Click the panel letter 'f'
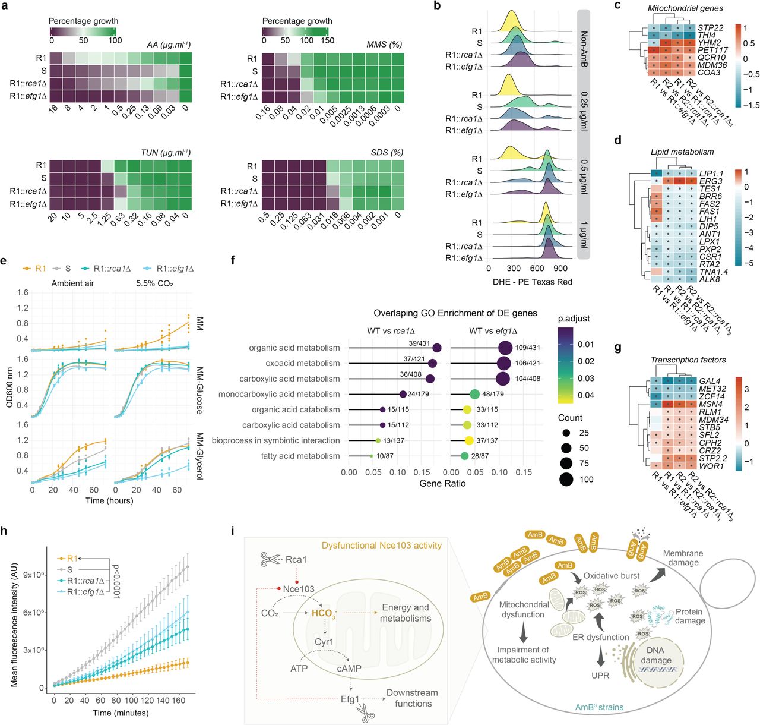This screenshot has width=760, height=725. pos(233,260)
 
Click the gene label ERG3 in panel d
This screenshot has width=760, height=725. pos(711,181)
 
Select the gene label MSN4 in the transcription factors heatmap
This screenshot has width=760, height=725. pos(710,404)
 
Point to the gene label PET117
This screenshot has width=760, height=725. pos(712,50)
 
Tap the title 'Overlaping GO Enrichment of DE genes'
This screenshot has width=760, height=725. pos(455,313)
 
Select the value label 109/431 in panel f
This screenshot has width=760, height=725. pos(528,348)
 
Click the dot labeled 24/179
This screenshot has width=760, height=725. pos(403,394)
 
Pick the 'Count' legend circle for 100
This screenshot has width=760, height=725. pos(566,479)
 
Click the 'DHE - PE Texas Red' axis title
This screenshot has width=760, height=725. pos(533,282)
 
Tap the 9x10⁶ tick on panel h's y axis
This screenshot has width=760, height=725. pos(33,575)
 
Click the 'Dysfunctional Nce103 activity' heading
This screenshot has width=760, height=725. pos(382,545)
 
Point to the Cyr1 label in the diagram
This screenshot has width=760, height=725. pos(324,642)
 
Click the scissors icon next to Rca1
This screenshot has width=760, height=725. pos(271,559)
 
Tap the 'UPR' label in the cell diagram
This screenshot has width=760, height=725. pos(600,675)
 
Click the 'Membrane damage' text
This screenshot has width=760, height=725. pos(683,557)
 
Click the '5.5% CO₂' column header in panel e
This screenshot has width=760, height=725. pos(154,283)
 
